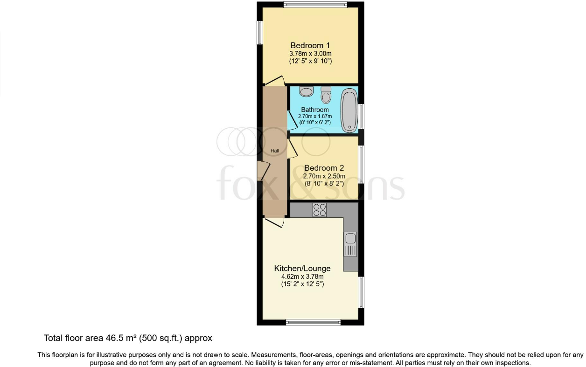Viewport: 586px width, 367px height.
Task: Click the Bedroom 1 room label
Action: [310, 45]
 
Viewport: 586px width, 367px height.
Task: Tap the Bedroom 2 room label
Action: [324, 168]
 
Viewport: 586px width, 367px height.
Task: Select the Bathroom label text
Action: [315, 110]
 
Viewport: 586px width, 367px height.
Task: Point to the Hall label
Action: [275, 151]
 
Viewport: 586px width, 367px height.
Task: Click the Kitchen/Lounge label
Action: [302, 269]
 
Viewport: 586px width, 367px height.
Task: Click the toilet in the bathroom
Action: [326, 96]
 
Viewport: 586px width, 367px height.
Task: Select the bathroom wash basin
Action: [306, 91]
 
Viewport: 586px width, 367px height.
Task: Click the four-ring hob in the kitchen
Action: [320, 210]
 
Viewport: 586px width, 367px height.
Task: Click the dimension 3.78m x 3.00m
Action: [310, 54]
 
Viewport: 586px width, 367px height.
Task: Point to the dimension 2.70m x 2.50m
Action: [324, 176]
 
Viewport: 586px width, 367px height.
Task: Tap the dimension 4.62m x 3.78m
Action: [302, 277]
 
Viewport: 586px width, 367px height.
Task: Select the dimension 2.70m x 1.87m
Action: [315, 117]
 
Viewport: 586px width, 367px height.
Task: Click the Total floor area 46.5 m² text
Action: [128, 338]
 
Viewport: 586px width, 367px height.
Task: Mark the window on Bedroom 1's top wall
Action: [315, 5]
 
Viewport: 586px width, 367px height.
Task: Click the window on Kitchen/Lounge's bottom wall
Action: [313, 322]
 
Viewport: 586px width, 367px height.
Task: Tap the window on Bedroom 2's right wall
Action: [361, 164]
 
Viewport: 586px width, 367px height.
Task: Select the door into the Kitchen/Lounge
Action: [274, 223]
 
